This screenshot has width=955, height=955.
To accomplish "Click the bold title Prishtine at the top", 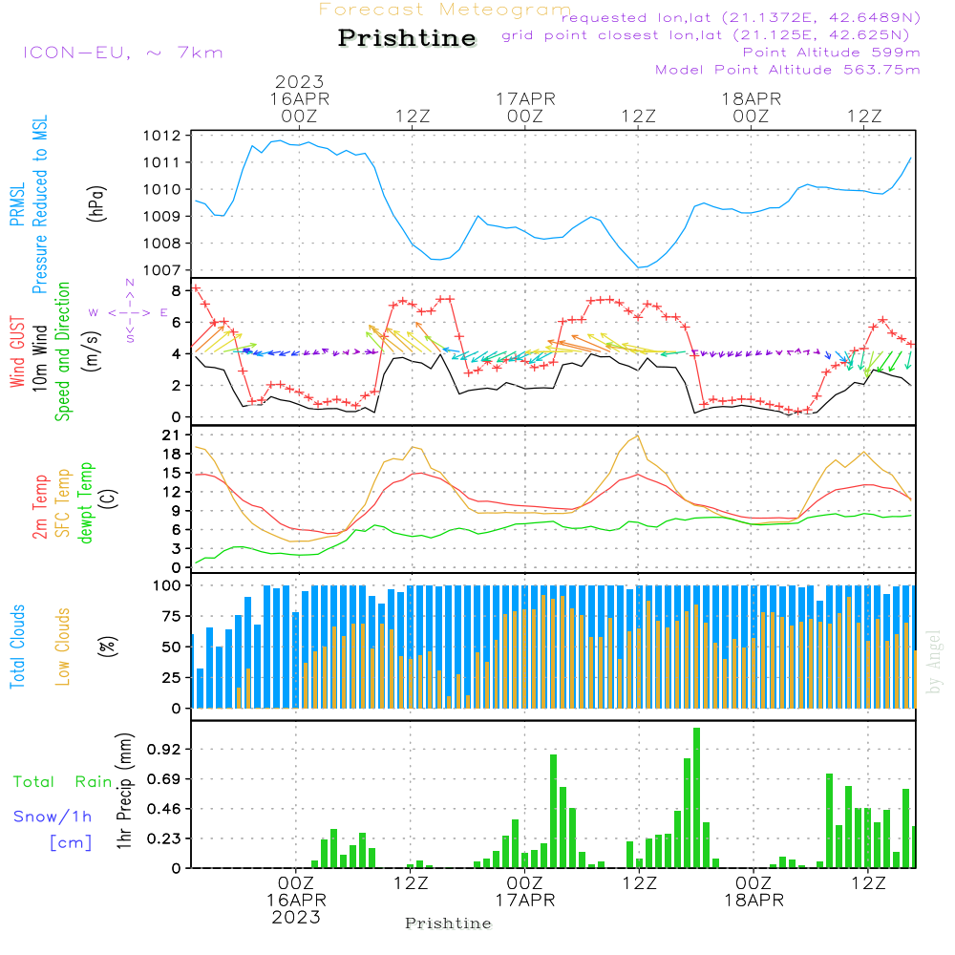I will pyautogui.click(x=407, y=38).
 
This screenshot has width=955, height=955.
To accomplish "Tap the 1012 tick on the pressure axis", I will pyautogui.click(x=163, y=136).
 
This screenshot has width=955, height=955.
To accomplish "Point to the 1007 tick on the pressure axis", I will pyautogui.click(x=163, y=270).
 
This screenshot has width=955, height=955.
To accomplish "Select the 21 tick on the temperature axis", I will pyautogui.click(x=173, y=435).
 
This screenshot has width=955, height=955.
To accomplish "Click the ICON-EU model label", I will pyautogui.click(x=122, y=53).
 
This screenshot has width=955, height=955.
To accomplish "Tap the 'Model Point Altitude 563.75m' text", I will pyautogui.click(x=788, y=70).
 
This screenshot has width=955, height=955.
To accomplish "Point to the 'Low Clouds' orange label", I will pyautogui.click(x=63, y=646).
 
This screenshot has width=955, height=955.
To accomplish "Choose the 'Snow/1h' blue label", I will pyautogui.click(x=53, y=817).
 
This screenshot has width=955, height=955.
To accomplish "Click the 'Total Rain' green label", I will pyautogui.click(x=63, y=781).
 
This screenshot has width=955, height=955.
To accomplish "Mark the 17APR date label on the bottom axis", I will pyautogui.click(x=524, y=900).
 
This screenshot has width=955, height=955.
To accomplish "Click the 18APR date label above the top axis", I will pyautogui.click(x=752, y=98).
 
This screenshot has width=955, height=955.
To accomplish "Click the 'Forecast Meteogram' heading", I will pyautogui.click(x=445, y=10).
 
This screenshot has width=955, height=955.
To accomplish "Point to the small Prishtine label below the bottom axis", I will pyautogui.click(x=448, y=923).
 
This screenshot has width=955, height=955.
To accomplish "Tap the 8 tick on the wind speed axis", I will pyautogui.click(x=177, y=290).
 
